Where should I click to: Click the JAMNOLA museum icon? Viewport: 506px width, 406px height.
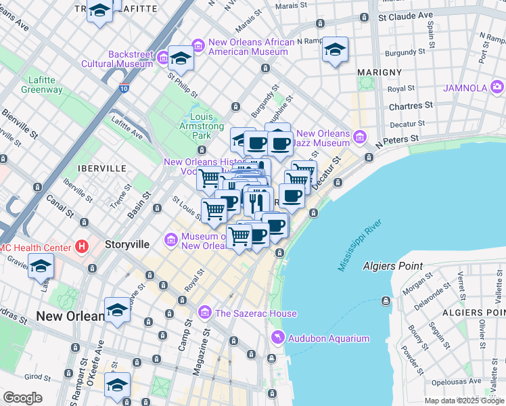497,87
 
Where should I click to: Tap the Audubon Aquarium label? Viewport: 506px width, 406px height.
329,338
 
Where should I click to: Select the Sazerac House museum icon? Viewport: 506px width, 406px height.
205,312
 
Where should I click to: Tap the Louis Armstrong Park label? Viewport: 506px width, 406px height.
197,126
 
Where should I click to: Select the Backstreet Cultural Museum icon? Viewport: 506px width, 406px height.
163,59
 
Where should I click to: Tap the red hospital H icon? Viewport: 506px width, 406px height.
83,246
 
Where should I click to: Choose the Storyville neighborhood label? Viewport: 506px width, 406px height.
127,244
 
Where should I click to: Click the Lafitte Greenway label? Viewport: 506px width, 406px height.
41,85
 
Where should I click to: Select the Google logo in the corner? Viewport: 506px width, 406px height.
22,398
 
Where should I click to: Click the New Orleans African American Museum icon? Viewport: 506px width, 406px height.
198,46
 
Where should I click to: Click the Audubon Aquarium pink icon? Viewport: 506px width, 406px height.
277,338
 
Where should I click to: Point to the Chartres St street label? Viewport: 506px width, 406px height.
411,106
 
